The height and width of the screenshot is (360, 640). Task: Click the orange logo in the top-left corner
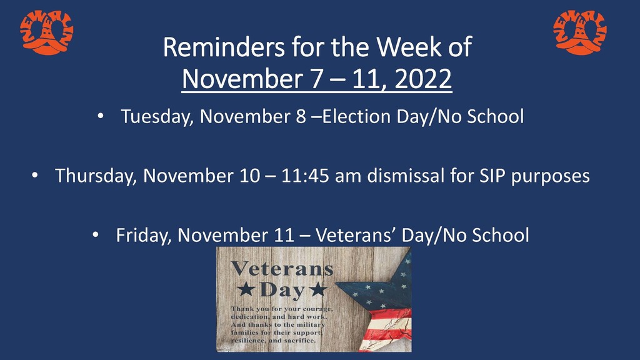pos(46,32)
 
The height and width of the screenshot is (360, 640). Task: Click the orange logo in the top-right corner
pos(580,32)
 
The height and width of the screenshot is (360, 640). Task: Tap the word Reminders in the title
pos(224,47)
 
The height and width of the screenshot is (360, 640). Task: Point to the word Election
pos(356,116)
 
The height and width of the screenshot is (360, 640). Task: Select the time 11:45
pos(305,176)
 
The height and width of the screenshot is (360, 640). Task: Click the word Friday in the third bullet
pos(144,236)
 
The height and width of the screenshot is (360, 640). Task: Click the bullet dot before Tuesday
pos(101,116)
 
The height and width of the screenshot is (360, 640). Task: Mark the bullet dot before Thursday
pos(35,176)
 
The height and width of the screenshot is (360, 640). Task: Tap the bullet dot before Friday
pos(96,235)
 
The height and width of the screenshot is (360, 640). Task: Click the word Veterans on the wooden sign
pos(282,269)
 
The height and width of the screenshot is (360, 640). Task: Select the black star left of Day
pos(246,289)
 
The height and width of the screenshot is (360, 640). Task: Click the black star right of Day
pos(318,289)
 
